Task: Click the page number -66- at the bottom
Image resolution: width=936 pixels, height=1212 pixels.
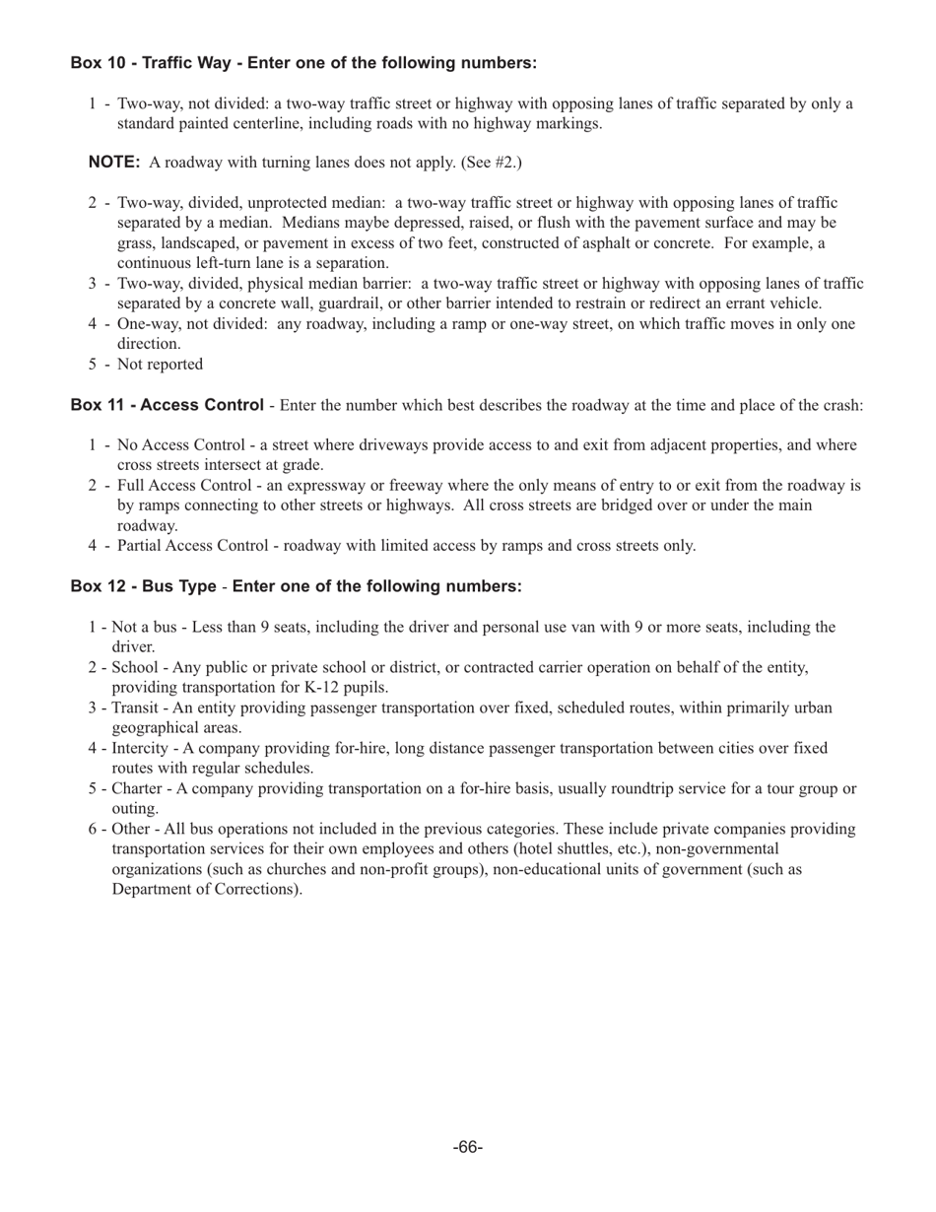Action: (x=468, y=1148)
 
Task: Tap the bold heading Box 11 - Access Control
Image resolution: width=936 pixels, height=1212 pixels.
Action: (x=167, y=405)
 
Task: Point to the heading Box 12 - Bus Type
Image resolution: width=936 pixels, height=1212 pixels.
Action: (x=143, y=586)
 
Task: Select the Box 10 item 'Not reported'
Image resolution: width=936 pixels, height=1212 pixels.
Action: (x=160, y=365)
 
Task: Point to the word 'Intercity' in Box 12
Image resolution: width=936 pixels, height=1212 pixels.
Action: (x=141, y=749)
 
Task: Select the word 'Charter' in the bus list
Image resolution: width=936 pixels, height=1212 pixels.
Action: (x=137, y=789)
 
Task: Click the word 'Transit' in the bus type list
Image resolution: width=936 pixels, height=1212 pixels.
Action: (x=137, y=708)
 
